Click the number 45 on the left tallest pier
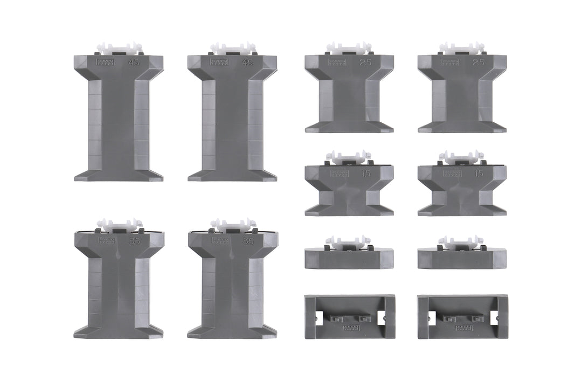coord(134,63)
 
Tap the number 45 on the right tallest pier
coord(247,63)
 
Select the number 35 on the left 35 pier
coord(134,241)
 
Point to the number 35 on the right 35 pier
coord(248,241)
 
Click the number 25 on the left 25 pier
coord(365,63)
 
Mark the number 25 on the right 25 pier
coord(477,63)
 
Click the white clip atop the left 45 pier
coord(119,49)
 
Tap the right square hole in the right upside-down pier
coord(495,318)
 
